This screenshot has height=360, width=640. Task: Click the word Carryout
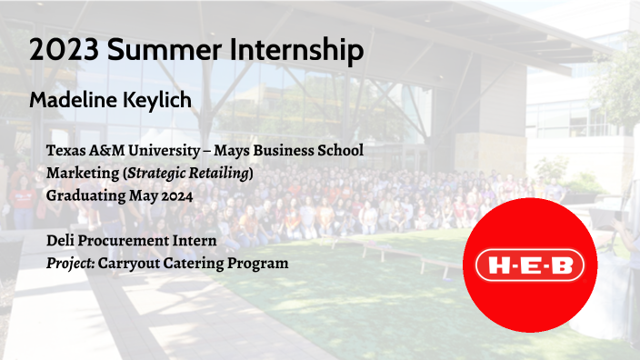(x=137, y=264)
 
